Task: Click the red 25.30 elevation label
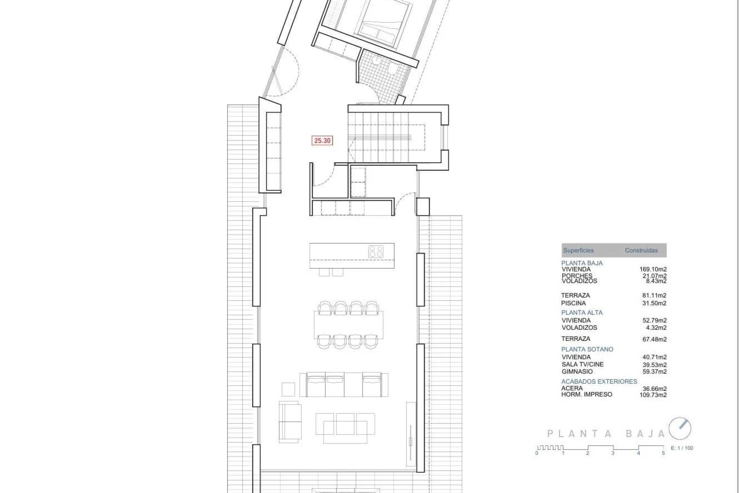tap(322, 141)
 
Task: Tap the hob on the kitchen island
tap(376, 252)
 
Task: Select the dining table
tap(349, 325)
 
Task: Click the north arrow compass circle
tap(680, 428)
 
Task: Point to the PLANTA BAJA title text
tap(606, 434)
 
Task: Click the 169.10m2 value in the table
tap(653, 270)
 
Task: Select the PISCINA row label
tap(573, 303)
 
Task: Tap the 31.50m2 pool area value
tap(654, 303)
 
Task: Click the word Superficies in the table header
tap(578, 250)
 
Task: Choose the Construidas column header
tap(641, 250)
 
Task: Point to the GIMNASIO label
tap(577, 372)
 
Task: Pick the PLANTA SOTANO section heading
tap(587, 349)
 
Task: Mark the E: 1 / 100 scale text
tap(682, 448)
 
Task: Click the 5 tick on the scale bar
tap(663, 453)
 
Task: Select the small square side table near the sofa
tap(288, 389)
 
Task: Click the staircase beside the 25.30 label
tap(387, 137)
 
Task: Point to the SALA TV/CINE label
tap(582, 364)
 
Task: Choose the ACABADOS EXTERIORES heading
tap(599, 382)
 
